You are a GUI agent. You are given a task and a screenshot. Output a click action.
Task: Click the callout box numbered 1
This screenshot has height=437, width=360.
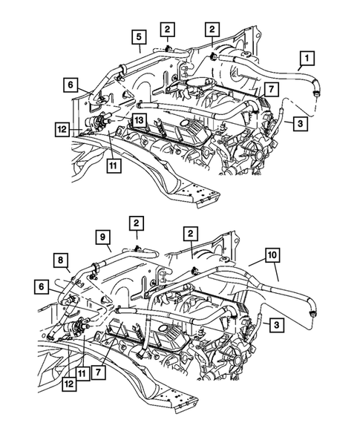305,57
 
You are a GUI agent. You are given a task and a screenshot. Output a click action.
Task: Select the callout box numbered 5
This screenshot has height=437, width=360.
140,36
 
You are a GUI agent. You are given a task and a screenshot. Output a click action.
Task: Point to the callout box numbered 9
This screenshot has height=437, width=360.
103,237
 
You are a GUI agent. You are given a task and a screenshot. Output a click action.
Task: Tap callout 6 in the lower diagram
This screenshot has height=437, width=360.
42,285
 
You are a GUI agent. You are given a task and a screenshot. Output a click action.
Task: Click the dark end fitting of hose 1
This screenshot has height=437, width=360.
317,95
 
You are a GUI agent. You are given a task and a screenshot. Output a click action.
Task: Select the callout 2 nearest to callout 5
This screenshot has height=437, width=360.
168,29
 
